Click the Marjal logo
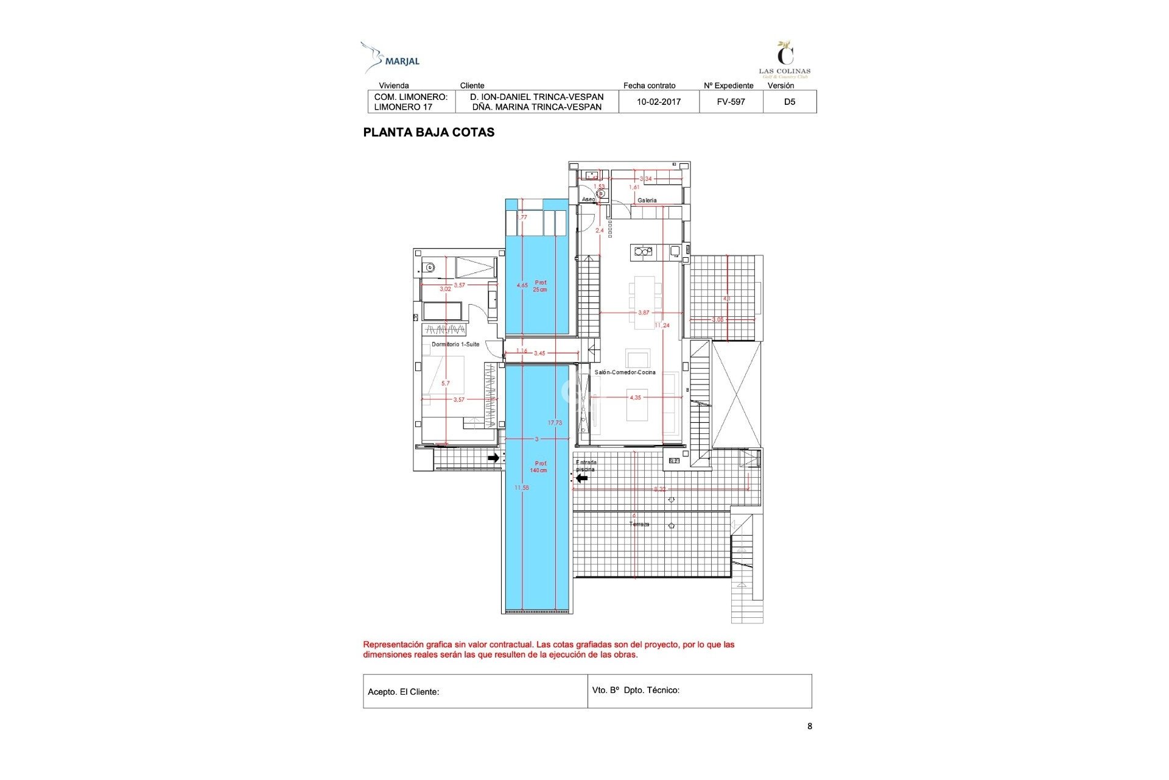tap(390, 58)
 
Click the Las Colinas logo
tap(785, 60)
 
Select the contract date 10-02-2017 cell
tap(658, 102)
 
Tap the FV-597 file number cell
tap(731, 102)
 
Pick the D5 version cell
tap(789, 102)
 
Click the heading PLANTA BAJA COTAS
tap(429, 132)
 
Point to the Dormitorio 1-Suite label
tap(455, 344)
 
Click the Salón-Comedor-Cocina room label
tap(625, 372)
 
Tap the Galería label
tap(647, 200)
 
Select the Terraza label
tap(639, 524)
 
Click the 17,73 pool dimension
tap(555, 423)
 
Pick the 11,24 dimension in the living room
tap(662, 325)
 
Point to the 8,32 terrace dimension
tap(659, 489)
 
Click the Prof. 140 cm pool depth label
tap(539, 467)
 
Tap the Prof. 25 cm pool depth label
tap(540, 286)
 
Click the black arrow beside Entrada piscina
tap(582, 478)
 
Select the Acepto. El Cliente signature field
tap(475, 691)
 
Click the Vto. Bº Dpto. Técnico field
tap(699, 690)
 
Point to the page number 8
tap(809, 726)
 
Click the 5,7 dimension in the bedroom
tap(446, 383)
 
